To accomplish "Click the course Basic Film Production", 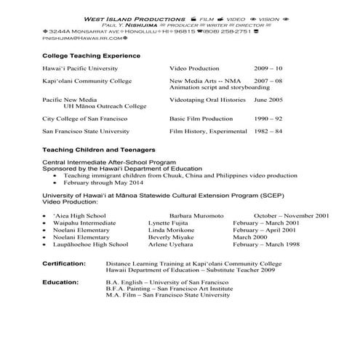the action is click(199, 117).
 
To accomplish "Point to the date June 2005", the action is click(268, 98).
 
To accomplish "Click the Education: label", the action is click(60, 281).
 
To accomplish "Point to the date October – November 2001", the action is click(292, 216).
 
